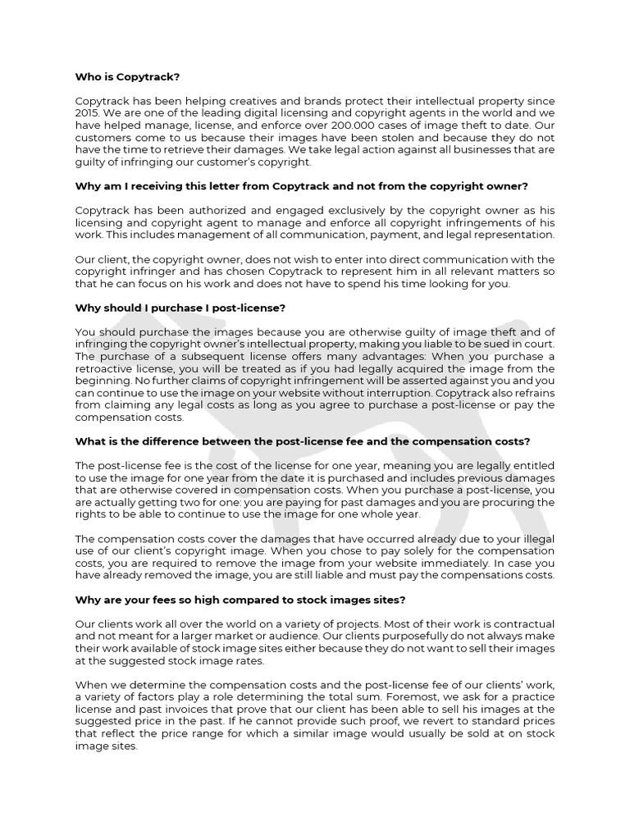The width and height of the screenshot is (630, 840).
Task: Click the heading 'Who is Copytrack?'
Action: pyautogui.click(x=126, y=76)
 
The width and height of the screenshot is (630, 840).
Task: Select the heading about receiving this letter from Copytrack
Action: pyautogui.click(x=302, y=185)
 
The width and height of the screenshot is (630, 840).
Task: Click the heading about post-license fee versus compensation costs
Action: pyautogui.click(x=303, y=441)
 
